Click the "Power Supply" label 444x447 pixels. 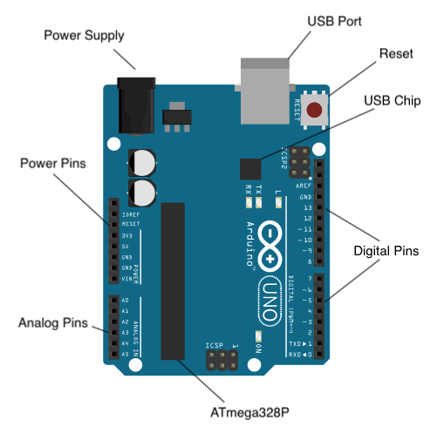tap(84, 36)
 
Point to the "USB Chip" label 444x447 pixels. tap(393, 101)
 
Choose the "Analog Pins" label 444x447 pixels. tap(53, 324)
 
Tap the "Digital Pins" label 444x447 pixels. tap(386, 251)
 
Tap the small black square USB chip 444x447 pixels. tap(251, 169)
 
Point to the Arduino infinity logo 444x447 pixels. tap(271, 247)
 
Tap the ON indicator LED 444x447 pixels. tap(258, 335)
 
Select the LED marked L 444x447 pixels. tap(277, 204)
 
